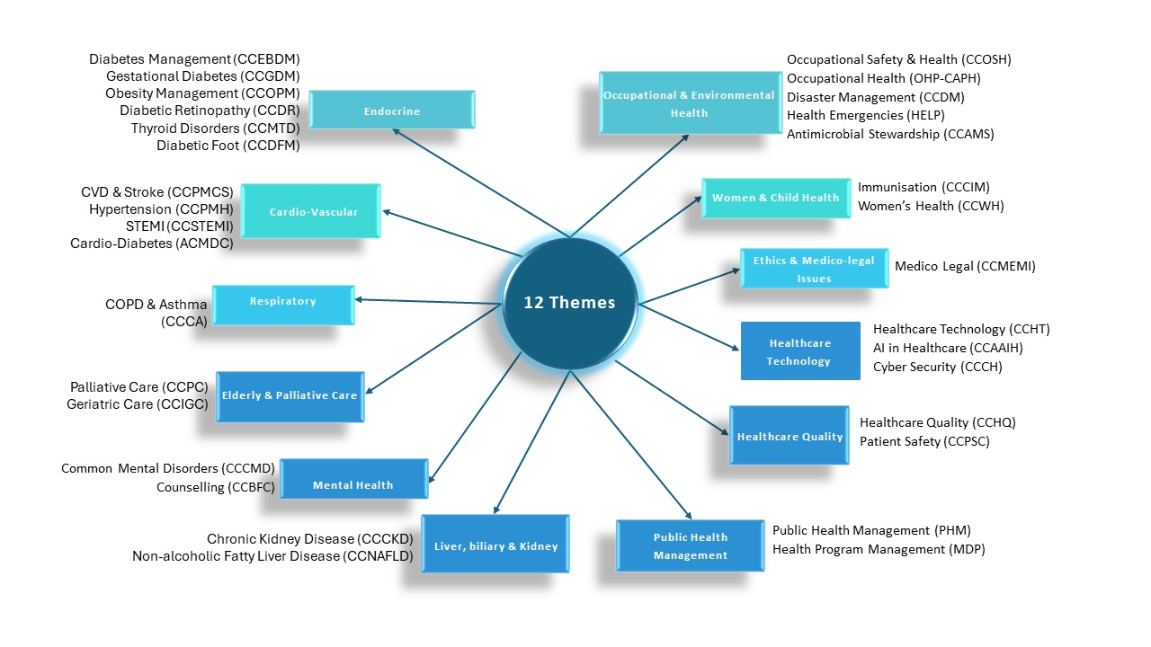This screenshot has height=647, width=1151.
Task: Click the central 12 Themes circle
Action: [x=570, y=303]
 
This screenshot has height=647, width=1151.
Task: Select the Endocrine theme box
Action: [x=392, y=111]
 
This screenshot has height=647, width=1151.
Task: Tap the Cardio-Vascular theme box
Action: [x=312, y=211]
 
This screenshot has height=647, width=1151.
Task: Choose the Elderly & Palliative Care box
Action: [x=290, y=395]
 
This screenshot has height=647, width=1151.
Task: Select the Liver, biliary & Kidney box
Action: [x=495, y=545]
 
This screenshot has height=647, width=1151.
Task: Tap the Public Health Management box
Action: [x=691, y=545]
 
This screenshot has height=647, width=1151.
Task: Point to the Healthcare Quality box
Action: [x=790, y=436]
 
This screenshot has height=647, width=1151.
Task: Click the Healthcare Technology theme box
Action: [x=799, y=351]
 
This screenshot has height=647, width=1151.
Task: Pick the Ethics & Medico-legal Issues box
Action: [x=814, y=269]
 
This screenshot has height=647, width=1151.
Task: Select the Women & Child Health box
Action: [x=775, y=198]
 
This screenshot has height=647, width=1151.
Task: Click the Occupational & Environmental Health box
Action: [x=690, y=103]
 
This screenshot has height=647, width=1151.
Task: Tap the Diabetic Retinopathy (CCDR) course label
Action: [x=210, y=111]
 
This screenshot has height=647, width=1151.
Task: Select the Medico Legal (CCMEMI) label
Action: [x=965, y=267]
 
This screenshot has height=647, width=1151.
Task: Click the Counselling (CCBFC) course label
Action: [x=215, y=488]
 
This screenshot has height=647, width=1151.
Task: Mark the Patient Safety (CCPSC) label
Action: [x=924, y=441]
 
